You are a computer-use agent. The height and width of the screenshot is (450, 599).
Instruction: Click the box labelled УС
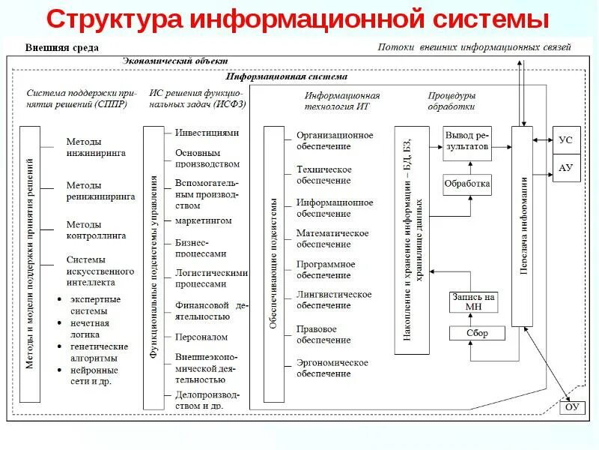(x=565, y=139)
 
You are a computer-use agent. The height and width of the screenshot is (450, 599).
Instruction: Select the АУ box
(x=565, y=167)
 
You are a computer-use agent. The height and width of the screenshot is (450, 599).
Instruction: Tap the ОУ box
(x=571, y=407)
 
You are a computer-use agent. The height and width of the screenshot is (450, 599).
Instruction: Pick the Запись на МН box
(x=473, y=301)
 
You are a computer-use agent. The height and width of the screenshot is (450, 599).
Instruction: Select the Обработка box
(x=467, y=183)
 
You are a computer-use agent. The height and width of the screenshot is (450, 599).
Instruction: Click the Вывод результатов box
(x=467, y=141)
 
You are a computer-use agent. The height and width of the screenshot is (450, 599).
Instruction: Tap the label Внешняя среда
(x=62, y=47)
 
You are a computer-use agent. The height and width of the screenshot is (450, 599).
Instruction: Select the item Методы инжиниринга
(x=95, y=147)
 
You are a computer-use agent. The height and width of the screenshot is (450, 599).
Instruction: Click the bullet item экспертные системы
(x=95, y=304)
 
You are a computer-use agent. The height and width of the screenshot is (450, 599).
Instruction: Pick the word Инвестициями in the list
(x=207, y=132)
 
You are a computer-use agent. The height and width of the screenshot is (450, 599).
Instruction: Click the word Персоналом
(x=201, y=337)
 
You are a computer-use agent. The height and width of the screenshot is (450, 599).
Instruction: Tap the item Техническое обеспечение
(x=323, y=175)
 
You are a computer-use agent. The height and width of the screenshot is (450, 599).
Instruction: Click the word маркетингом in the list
(x=204, y=220)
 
